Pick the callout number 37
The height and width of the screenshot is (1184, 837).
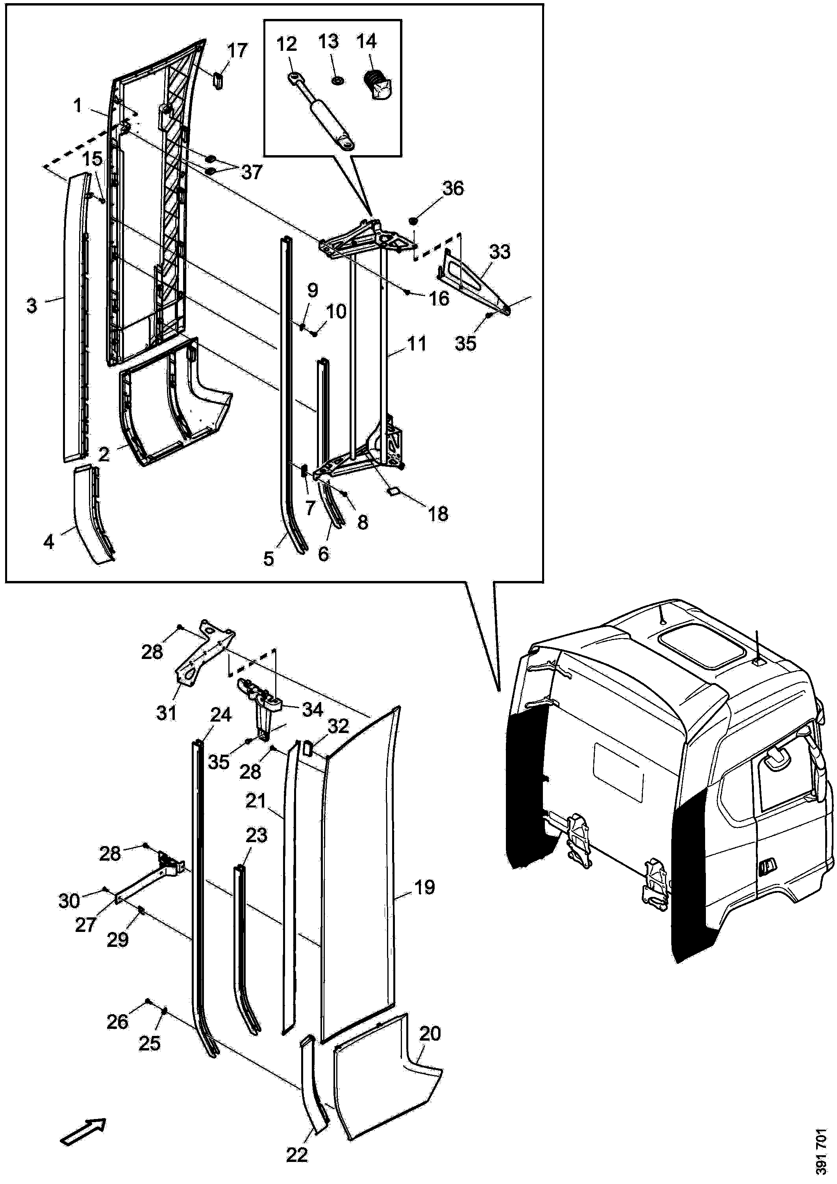click(252, 172)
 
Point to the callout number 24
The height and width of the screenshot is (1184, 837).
click(220, 715)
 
